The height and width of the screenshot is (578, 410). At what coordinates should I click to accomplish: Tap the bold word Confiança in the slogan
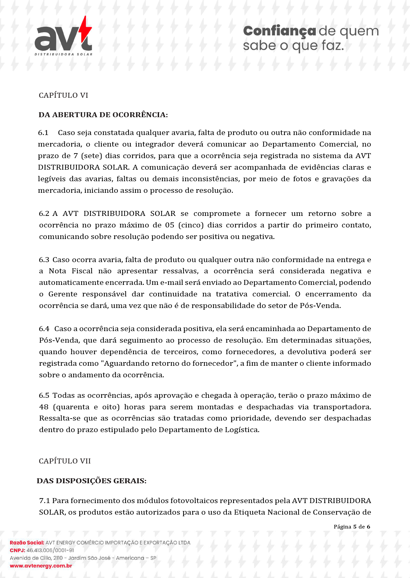(279, 31)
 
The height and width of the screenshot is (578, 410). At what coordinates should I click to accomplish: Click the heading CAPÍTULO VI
(63, 95)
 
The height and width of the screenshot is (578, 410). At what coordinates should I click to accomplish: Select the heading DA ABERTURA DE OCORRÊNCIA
(103, 115)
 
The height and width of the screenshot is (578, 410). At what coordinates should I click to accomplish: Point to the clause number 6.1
(43, 133)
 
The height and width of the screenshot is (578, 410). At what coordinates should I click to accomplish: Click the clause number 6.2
(44, 214)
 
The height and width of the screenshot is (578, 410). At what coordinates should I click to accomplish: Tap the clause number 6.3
(44, 260)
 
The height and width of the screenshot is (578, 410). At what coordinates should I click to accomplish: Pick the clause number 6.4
(44, 329)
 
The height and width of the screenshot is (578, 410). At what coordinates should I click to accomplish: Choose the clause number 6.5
(44, 395)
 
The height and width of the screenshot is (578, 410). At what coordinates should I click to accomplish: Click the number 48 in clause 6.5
(44, 407)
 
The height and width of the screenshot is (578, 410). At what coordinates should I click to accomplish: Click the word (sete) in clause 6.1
(91, 156)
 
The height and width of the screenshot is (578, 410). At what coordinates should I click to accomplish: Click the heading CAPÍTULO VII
(65, 461)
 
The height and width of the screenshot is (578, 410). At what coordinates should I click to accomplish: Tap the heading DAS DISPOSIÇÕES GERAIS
(92, 481)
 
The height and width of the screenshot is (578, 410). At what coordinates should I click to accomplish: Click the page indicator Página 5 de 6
(352, 527)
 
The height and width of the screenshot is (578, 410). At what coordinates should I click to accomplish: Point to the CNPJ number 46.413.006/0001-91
(50, 550)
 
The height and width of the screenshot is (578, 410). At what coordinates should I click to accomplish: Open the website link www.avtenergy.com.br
(41, 566)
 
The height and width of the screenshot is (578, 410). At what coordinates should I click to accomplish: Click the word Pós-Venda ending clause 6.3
(320, 306)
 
